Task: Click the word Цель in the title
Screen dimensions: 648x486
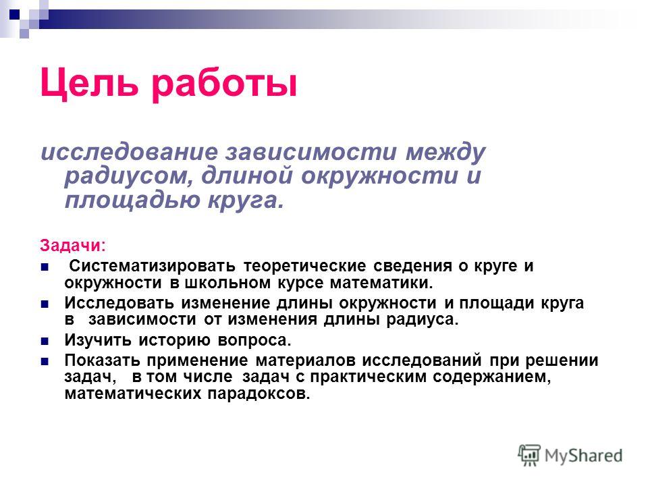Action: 89,83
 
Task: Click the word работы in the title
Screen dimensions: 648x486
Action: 224,85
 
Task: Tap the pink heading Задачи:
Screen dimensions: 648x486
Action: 73,246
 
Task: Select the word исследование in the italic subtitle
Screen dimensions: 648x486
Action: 130,152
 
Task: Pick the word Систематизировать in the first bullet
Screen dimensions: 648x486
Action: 153,266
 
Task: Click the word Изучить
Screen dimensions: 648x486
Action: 98,340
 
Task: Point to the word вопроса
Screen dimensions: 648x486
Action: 254,341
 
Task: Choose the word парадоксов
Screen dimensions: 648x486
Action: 259,394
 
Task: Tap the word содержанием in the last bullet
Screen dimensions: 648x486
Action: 492,377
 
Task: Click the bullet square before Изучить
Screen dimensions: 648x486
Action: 45,342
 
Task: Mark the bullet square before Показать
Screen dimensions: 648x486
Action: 45,362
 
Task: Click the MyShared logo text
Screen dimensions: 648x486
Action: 583,456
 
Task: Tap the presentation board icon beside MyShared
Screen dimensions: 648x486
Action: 529,456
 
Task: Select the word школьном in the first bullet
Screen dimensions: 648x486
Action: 227,283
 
